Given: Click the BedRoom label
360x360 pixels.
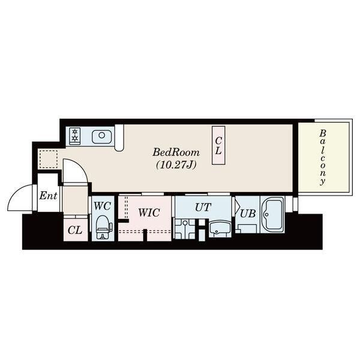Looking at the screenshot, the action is point(176,152).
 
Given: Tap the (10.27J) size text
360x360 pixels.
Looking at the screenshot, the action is point(176,165).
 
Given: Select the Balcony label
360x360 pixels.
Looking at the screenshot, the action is point(323,157).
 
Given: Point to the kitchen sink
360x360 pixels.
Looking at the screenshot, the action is point(102,137).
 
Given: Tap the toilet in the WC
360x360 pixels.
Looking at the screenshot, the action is point(103,227).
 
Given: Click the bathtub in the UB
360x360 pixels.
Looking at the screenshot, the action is point(273,214).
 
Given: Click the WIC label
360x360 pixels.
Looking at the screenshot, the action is point(149,212).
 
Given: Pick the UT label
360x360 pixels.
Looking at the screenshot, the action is point(203,207).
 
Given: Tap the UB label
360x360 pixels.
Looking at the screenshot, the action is point(248,214).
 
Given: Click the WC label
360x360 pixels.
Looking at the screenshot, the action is point(103,206).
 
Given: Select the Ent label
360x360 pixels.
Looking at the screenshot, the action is point(48,196).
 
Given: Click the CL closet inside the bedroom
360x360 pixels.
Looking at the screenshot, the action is point(218,145).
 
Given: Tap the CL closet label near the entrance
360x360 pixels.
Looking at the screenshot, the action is point(75,230).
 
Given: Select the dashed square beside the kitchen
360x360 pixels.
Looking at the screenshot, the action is point(48,160).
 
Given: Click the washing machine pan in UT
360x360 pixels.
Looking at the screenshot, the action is point(185,229).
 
